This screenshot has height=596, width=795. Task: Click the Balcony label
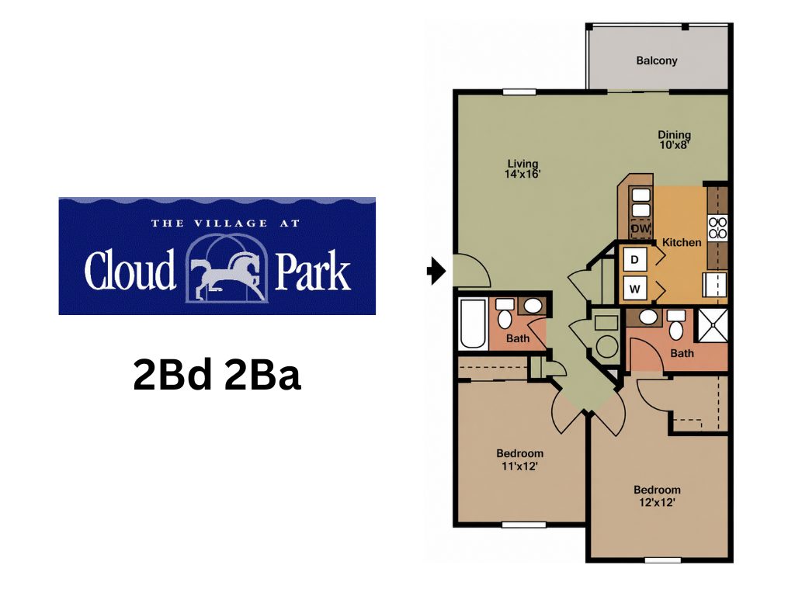(x=657, y=61)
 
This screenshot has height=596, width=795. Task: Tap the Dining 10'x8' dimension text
(x=674, y=144)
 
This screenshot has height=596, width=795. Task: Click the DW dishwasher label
(x=641, y=229)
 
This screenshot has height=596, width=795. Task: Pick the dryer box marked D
(x=635, y=260)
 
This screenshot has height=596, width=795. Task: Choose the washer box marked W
(x=635, y=289)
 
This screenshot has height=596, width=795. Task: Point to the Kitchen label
(x=682, y=242)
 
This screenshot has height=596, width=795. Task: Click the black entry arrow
(x=436, y=271)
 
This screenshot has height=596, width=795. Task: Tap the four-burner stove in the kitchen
(x=717, y=227)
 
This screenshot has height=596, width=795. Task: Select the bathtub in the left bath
(x=473, y=324)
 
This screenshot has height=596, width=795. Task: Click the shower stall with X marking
(x=713, y=324)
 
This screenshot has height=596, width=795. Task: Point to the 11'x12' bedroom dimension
(x=519, y=466)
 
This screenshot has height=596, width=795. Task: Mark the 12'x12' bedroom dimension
(x=657, y=503)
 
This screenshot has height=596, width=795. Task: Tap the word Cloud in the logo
(x=130, y=270)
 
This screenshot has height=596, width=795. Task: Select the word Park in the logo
(x=313, y=270)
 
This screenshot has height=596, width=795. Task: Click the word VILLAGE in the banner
(x=231, y=223)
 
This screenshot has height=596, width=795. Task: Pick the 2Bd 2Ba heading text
(x=217, y=375)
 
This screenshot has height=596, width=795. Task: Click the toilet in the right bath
(x=676, y=325)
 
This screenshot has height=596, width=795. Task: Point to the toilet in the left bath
(x=505, y=314)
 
